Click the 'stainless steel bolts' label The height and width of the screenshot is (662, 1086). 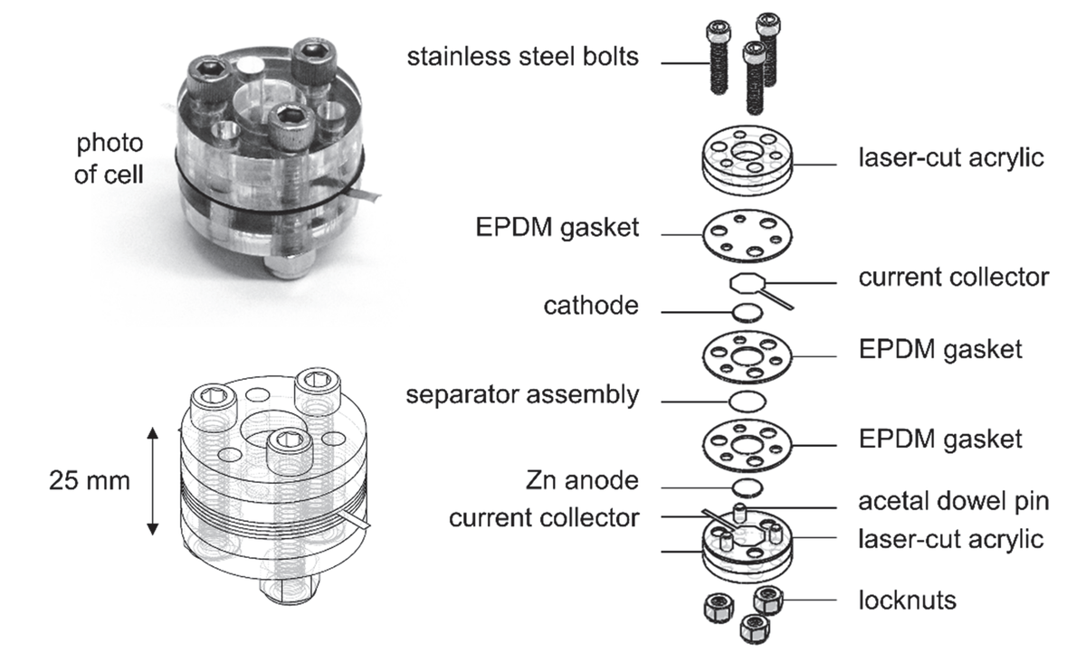[x=522, y=58]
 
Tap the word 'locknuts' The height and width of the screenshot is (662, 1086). [x=907, y=600]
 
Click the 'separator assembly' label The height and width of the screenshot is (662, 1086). [x=522, y=395]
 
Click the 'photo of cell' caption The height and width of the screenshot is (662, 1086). [x=109, y=159]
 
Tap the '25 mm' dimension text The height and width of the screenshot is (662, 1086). [x=89, y=480]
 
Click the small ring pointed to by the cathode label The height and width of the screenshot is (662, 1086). [x=747, y=313]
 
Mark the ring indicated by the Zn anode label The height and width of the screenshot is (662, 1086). [x=747, y=487]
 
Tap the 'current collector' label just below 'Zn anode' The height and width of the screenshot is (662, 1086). [x=544, y=518]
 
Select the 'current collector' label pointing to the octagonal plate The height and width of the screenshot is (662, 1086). [x=953, y=277]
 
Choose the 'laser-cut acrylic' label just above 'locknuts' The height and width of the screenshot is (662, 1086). [x=950, y=540]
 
